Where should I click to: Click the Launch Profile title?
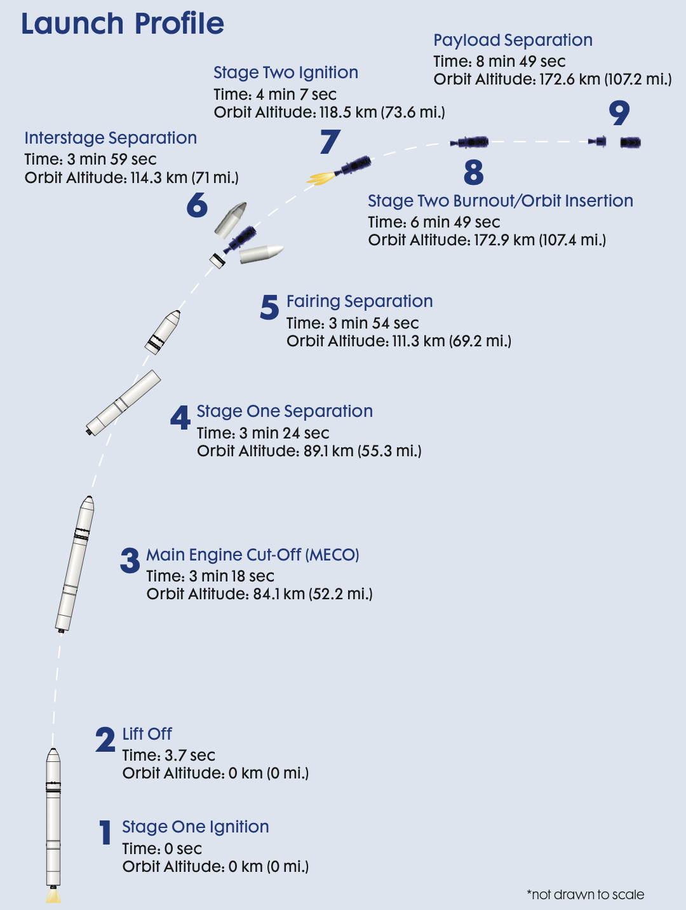[123, 24]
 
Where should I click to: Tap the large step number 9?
[619, 113]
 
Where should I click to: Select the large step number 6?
[197, 205]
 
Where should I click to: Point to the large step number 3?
[130, 560]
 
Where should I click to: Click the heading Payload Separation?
[513, 40]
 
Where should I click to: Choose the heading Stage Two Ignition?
[286, 72]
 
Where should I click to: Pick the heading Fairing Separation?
[360, 301]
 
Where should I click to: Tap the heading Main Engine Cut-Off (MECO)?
[253, 555]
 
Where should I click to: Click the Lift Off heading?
[147, 734]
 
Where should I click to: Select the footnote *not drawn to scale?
[585, 895]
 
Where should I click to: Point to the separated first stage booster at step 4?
[123, 402]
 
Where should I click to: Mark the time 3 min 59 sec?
[112, 160]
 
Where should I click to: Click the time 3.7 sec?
[190, 756]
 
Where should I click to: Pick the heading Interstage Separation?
[111, 138]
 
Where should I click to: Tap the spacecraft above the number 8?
[470, 142]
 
